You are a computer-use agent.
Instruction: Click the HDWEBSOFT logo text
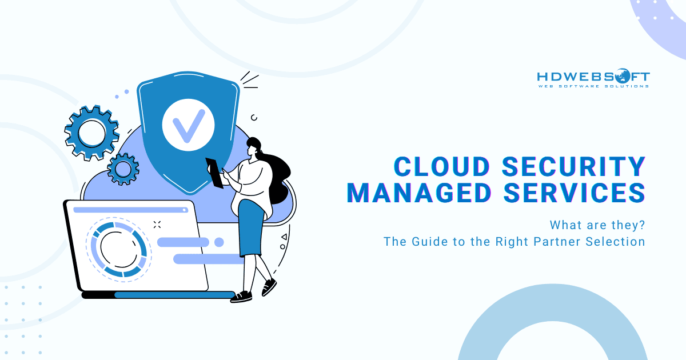coord(593,76)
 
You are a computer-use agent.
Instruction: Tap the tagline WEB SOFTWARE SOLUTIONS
coord(593,86)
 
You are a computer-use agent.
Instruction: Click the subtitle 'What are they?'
coord(597,224)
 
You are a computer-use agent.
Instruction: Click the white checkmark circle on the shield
coord(188,123)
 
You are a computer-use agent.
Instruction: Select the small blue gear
coord(122,168)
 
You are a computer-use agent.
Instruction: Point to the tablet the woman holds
coord(215,172)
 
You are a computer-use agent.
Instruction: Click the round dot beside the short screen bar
coord(218,242)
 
